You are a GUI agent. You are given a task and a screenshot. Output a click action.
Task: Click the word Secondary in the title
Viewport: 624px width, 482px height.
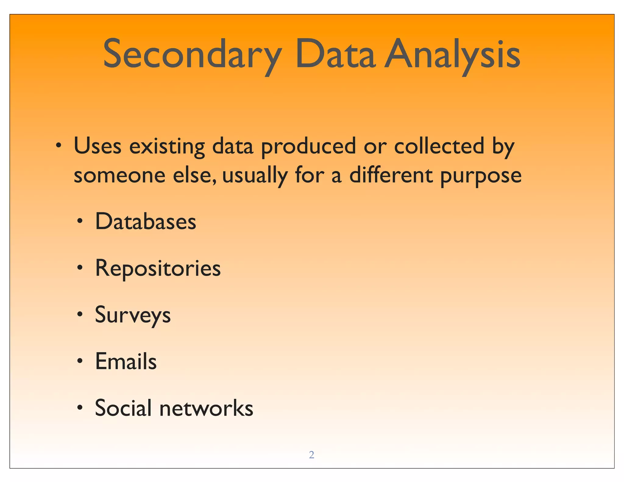tap(192, 55)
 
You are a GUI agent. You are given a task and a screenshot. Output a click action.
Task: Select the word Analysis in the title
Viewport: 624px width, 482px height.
tap(452, 55)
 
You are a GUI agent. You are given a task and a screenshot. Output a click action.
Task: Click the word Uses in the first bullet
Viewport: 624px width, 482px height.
tap(97, 146)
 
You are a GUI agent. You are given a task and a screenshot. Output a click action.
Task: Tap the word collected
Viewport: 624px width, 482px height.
tap(439, 146)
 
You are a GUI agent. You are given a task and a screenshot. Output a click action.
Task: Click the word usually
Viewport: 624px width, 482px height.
tap(255, 176)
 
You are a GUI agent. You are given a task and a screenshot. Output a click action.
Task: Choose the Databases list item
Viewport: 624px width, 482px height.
tap(146, 221)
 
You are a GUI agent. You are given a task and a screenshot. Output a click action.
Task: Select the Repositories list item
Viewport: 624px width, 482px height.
tap(158, 269)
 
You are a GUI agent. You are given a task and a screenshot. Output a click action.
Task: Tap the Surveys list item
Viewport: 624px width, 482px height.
tap(133, 315)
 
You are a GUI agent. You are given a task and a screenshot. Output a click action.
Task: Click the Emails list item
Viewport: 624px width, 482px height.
tap(126, 361)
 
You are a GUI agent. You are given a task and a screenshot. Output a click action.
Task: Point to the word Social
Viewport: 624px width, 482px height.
tap(123, 408)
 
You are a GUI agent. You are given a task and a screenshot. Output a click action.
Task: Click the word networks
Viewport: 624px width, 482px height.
tap(206, 408)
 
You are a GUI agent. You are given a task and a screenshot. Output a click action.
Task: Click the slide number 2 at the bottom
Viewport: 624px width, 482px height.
tap(311, 455)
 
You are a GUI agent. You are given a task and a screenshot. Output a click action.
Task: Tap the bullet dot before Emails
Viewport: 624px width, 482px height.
tap(80, 361)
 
